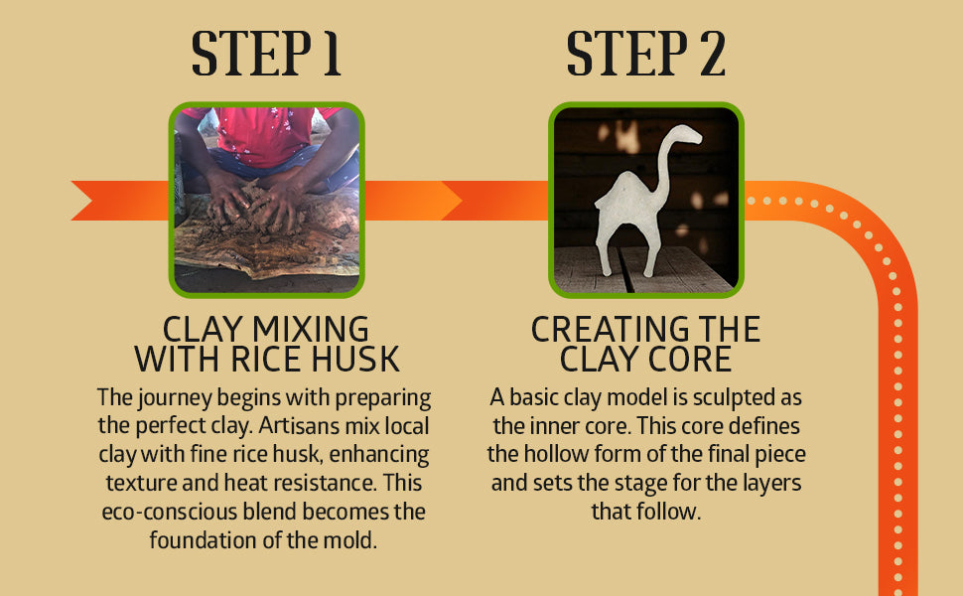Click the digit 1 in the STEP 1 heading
click(332, 54)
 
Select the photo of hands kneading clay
click(266, 200)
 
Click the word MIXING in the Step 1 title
click(311, 330)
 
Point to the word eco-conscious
click(170, 512)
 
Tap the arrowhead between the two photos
click(452, 201)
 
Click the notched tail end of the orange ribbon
click(82, 201)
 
